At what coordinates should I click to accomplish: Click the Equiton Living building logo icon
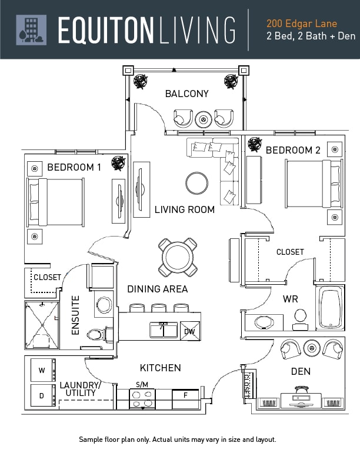(31, 30)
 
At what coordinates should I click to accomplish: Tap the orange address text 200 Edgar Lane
(302, 24)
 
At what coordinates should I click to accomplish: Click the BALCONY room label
(187, 94)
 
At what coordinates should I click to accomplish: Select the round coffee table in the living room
(196, 183)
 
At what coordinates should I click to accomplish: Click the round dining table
(178, 257)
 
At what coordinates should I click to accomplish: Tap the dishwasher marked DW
(190, 331)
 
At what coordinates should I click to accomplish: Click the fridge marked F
(186, 399)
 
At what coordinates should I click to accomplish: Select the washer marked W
(43, 370)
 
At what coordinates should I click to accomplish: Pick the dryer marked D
(43, 395)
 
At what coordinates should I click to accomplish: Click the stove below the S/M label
(142, 399)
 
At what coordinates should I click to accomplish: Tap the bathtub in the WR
(330, 308)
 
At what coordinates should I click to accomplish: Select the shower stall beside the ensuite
(42, 325)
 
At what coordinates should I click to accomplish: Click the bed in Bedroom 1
(55, 202)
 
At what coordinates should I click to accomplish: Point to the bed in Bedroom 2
(314, 184)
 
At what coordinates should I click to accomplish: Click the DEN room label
(301, 371)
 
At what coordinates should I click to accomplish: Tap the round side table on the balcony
(204, 119)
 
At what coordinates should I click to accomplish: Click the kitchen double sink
(164, 330)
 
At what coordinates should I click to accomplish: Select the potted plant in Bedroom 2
(255, 144)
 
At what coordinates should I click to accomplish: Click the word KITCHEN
(161, 368)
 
